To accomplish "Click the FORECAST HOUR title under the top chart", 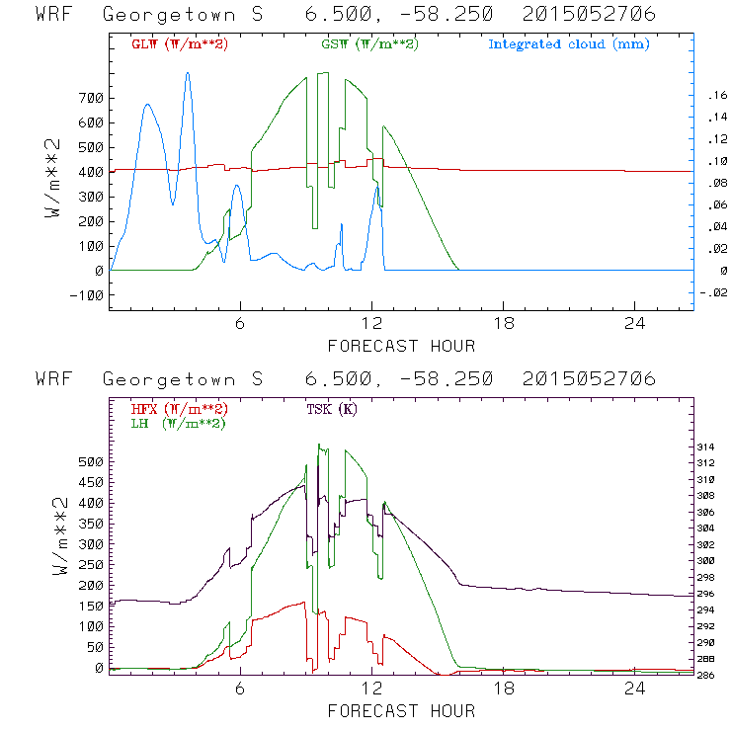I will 401,346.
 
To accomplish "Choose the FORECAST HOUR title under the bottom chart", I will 401,710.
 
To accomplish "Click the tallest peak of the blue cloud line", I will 188,73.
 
